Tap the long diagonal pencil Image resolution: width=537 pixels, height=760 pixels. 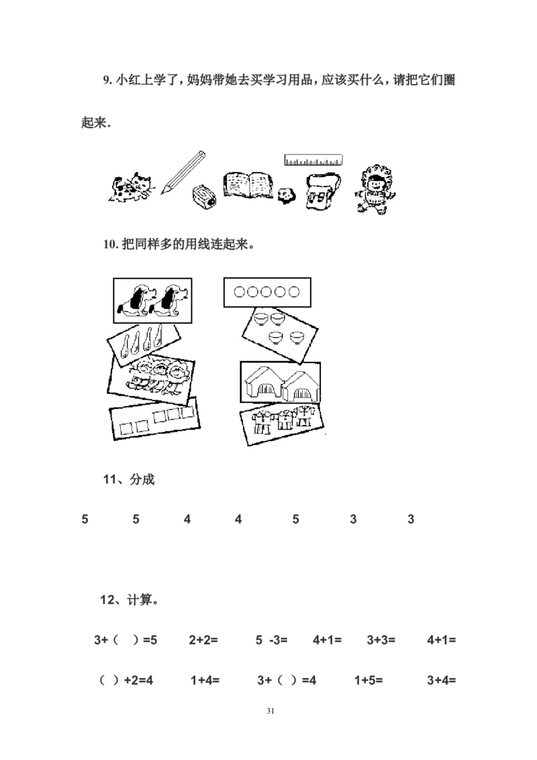(x=182, y=172)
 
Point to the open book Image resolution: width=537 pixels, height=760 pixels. (x=248, y=184)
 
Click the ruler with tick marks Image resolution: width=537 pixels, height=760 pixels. (x=313, y=160)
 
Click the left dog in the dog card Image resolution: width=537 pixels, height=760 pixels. (x=134, y=299)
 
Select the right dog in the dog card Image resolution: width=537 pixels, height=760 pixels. (x=169, y=299)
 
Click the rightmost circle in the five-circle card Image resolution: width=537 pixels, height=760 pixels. (x=292, y=292)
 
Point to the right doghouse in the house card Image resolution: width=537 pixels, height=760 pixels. (x=299, y=387)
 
